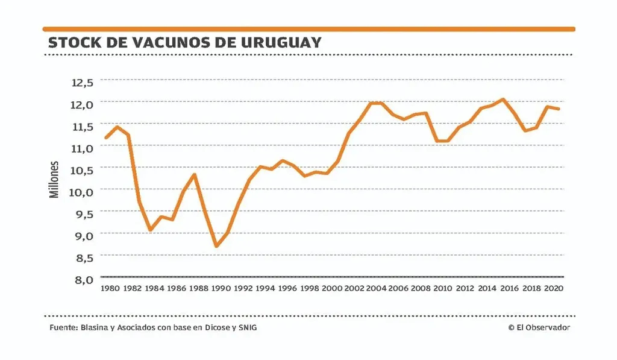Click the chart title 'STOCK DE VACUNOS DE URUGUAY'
(184, 43)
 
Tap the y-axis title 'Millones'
(54, 180)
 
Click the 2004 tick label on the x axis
(376, 289)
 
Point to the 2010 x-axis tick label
(442, 289)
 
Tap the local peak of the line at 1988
(195, 174)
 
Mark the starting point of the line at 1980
(106, 138)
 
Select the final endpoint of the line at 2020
(559, 109)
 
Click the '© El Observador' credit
(539, 327)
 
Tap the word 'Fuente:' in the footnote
(63, 327)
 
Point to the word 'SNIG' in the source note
(254, 327)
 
